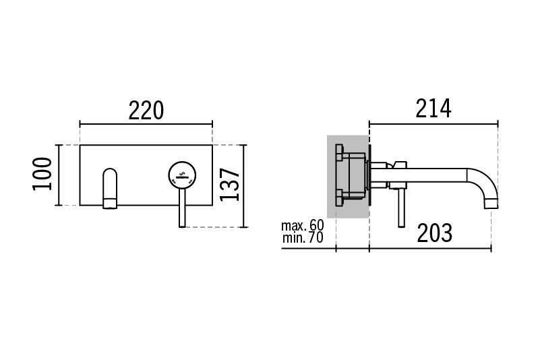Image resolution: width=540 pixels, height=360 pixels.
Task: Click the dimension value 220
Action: [146, 111]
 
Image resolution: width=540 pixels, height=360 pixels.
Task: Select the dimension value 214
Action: [433, 109]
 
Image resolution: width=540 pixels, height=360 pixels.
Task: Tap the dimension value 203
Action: [434, 233]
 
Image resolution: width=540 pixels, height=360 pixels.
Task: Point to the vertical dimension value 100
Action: [42, 174]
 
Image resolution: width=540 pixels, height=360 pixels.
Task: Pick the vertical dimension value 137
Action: [229, 184]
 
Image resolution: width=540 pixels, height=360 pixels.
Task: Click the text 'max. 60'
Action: [303, 225]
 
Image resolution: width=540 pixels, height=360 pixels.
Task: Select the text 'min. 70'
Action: [303, 238]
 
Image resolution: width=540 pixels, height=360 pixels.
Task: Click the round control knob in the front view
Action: [182, 175]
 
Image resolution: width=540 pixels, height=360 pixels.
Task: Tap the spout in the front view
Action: [110, 188]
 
